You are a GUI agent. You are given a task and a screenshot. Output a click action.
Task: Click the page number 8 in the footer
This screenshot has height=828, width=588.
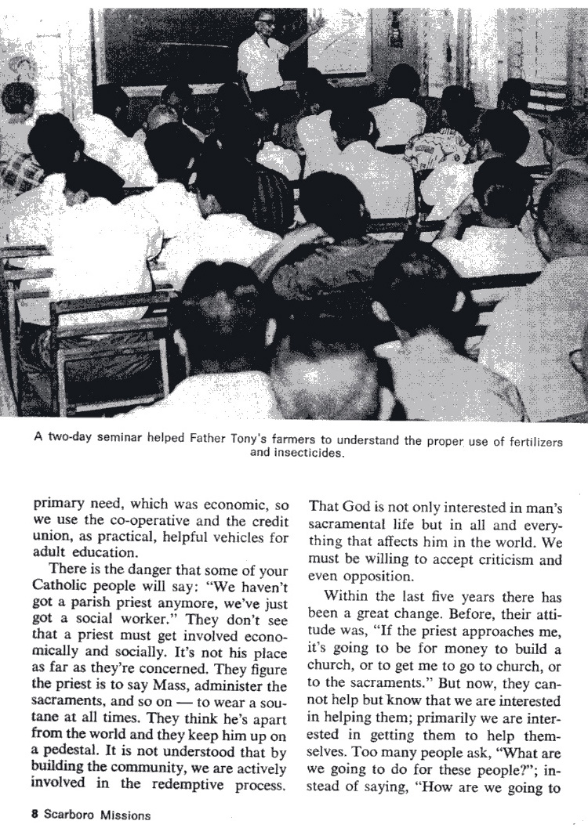35,814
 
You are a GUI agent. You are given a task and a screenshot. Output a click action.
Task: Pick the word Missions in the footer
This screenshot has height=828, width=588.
125,814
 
